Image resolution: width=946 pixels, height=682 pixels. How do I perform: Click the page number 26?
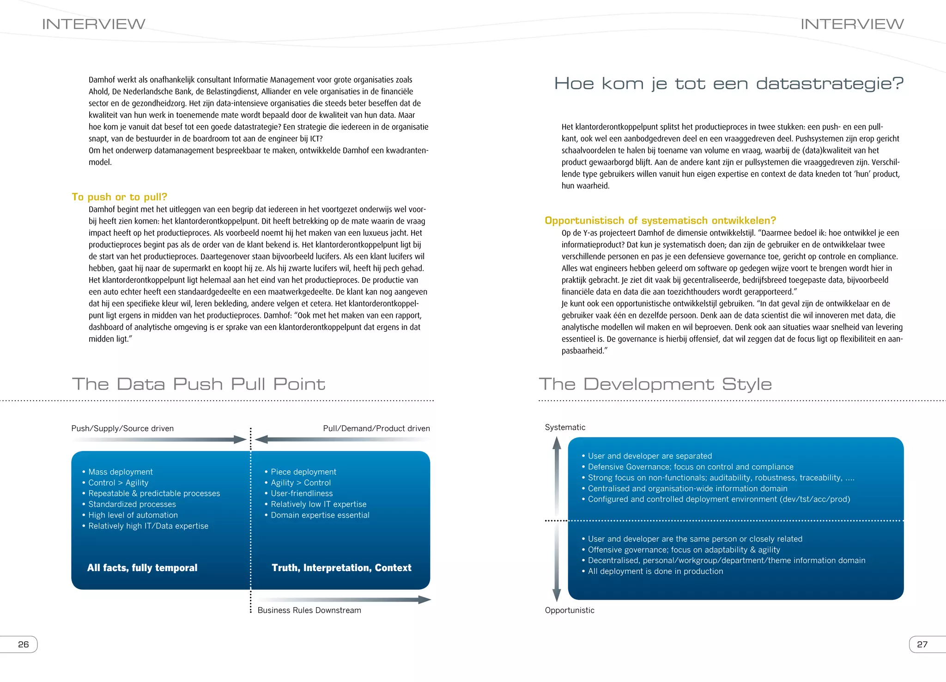[x=23, y=644]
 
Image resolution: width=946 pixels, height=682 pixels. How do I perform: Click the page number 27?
[x=922, y=644]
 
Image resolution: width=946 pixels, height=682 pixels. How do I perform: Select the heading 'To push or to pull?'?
[x=119, y=197]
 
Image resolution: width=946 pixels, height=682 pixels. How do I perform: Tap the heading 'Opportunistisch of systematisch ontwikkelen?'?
[x=660, y=220]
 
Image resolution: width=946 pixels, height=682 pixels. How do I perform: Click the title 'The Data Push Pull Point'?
[x=199, y=384]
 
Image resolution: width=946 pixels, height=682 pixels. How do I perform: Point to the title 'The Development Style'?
[x=655, y=384]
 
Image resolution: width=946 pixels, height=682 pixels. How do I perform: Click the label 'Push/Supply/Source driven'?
[x=122, y=428]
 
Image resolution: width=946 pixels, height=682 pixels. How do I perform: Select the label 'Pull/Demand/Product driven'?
[x=376, y=428]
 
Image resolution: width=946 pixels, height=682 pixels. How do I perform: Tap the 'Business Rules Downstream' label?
[x=309, y=610]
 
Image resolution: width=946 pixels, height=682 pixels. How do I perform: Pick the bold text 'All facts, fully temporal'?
[x=142, y=567]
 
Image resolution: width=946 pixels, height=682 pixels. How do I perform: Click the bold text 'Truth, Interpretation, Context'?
[x=341, y=567]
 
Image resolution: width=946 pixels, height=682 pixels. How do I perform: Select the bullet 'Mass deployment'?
[x=120, y=472]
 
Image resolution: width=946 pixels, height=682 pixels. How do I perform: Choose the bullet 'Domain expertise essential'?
[x=320, y=515]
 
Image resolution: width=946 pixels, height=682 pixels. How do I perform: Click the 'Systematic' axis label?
[x=565, y=427]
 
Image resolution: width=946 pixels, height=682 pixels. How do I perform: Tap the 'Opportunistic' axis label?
[x=570, y=610]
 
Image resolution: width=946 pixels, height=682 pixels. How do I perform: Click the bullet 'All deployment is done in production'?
[x=655, y=571]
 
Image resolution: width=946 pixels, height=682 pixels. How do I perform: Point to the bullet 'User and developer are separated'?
[x=649, y=456]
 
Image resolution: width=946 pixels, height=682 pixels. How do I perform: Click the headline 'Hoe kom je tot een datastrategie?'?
[x=728, y=84]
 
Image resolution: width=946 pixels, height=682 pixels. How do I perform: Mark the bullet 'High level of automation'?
[x=133, y=515]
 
